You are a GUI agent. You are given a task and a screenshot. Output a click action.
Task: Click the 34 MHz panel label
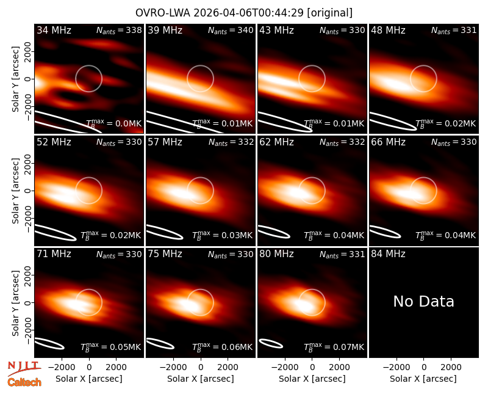pyautogui.click(x=54, y=30)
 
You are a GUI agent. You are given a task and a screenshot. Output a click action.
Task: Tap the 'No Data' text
pyautogui.click(x=423, y=301)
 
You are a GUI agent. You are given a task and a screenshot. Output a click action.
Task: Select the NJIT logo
pyautogui.click(x=24, y=368)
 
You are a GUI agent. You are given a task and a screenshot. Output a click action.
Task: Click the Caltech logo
pyautogui.click(x=24, y=382)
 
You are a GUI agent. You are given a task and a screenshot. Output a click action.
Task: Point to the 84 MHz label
pyautogui.click(x=388, y=254)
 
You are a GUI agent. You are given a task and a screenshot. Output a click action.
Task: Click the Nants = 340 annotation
pyautogui.click(x=231, y=31)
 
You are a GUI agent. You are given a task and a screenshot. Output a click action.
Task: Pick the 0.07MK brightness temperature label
pyautogui.click(x=334, y=347)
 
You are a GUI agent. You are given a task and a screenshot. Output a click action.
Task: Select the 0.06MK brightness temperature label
pyautogui.click(x=222, y=347)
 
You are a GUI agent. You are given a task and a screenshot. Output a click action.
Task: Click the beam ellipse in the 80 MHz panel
pyautogui.click(x=271, y=343)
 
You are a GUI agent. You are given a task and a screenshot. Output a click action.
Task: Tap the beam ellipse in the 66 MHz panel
pyautogui.click(x=385, y=232)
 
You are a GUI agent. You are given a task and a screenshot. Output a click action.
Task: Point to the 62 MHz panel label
pyautogui.click(x=276, y=142)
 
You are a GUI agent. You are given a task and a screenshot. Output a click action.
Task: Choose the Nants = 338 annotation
pyautogui.click(x=119, y=31)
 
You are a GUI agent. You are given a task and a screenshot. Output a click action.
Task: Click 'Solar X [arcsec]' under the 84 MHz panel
pyautogui.click(x=423, y=379)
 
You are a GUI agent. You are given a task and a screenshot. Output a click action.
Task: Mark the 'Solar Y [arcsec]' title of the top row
pyautogui.click(x=15, y=79)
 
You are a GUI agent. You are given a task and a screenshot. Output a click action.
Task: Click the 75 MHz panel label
pyautogui.click(x=165, y=254)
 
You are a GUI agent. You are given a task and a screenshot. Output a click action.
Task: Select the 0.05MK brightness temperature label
pyautogui.click(x=111, y=347)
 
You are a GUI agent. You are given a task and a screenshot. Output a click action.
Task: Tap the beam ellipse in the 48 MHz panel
pyautogui.click(x=393, y=121)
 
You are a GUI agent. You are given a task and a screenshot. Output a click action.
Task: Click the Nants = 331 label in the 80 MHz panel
pyautogui.click(x=342, y=255)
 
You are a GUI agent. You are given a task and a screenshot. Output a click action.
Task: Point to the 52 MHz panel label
pyautogui.click(x=54, y=142)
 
